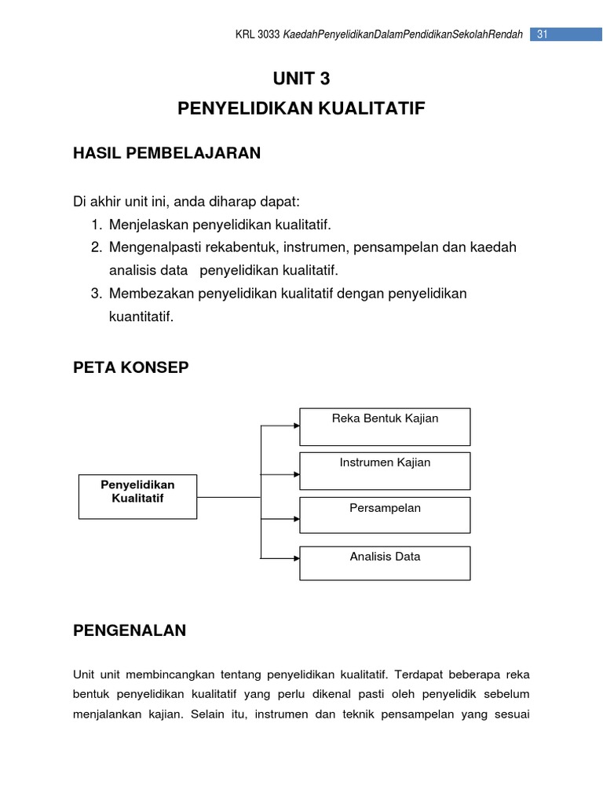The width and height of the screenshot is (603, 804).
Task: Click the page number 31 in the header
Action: click(x=542, y=34)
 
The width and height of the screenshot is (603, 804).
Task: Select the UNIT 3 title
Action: click(x=301, y=78)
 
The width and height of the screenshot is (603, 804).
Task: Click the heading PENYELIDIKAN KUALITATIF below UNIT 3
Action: click(x=301, y=108)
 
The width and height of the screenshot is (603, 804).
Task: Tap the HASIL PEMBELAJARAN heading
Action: click(x=166, y=153)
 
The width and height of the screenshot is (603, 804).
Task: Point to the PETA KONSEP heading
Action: click(x=130, y=367)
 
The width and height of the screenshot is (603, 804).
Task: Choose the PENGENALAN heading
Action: click(x=130, y=630)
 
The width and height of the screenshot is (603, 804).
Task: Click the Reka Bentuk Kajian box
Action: click(x=385, y=426)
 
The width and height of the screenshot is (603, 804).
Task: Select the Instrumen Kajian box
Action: click(x=385, y=470)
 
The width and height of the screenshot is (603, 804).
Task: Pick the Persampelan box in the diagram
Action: click(x=385, y=515)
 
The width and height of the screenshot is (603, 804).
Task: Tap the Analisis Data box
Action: click(x=385, y=563)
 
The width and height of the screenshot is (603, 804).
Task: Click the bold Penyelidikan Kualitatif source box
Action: click(x=137, y=496)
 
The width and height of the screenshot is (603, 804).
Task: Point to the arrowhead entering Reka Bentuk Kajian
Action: click(x=296, y=426)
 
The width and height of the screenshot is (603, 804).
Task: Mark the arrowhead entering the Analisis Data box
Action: click(x=296, y=558)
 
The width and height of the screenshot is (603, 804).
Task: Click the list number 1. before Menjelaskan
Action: click(x=96, y=225)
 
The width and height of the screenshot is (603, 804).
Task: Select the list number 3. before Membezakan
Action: click(x=97, y=294)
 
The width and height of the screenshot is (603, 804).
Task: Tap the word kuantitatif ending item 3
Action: click(x=141, y=316)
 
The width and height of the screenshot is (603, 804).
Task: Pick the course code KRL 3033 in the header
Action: click(x=258, y=35)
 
